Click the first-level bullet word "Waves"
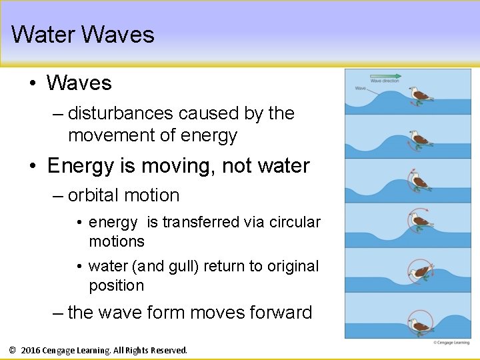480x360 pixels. click(79, 83)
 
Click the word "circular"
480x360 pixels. click(295, 222)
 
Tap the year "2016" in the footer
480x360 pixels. click(31, 350)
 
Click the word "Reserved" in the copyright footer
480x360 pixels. click(169, 350)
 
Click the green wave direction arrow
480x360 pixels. click(385, 76)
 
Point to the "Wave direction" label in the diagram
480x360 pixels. click(385, 81)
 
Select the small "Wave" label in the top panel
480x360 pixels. click(360, 88)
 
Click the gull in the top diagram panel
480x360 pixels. click(419, 95)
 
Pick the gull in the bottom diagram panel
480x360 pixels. click(419, 325)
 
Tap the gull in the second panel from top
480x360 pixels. click(419, 139)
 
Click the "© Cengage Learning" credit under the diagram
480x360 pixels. click(451, 343)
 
